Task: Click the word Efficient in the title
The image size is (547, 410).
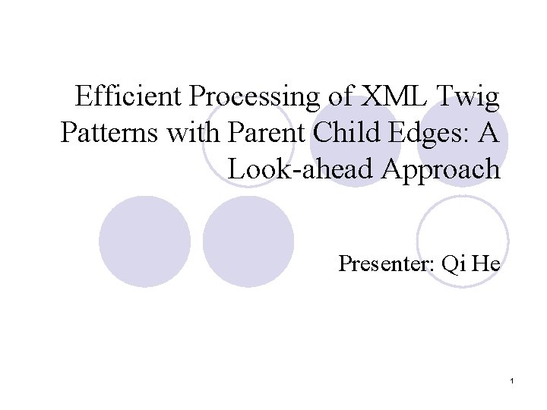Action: click(128, 95)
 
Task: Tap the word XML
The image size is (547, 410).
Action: click(394, 96)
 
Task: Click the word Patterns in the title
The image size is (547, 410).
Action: click(109, 132)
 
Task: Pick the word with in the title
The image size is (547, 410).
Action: click(193, 132)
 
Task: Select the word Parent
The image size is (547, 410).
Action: click(266, 132)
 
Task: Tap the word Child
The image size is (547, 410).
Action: click(346, 132)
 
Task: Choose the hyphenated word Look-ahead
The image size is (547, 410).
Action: click(300, 169)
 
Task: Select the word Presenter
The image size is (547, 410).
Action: click(387, 263)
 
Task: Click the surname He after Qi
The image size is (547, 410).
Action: click(486, 263)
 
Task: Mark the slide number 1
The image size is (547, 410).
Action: click(512, 381)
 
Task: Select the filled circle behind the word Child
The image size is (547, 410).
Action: click(356, 140)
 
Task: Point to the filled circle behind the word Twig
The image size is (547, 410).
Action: click(463, 140)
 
